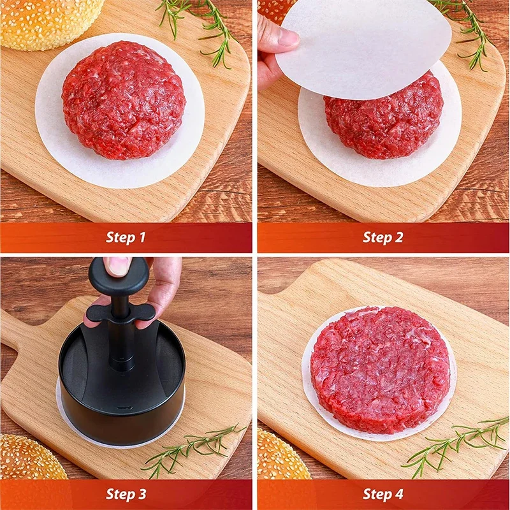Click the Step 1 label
coord(126,238)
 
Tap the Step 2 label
coord(383,238)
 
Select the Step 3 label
coord(126,494)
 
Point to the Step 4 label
coord(383,494)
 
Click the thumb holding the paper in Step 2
coord(279,40)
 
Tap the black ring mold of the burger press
coord(121,402)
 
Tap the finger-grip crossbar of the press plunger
coord(121,313)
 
